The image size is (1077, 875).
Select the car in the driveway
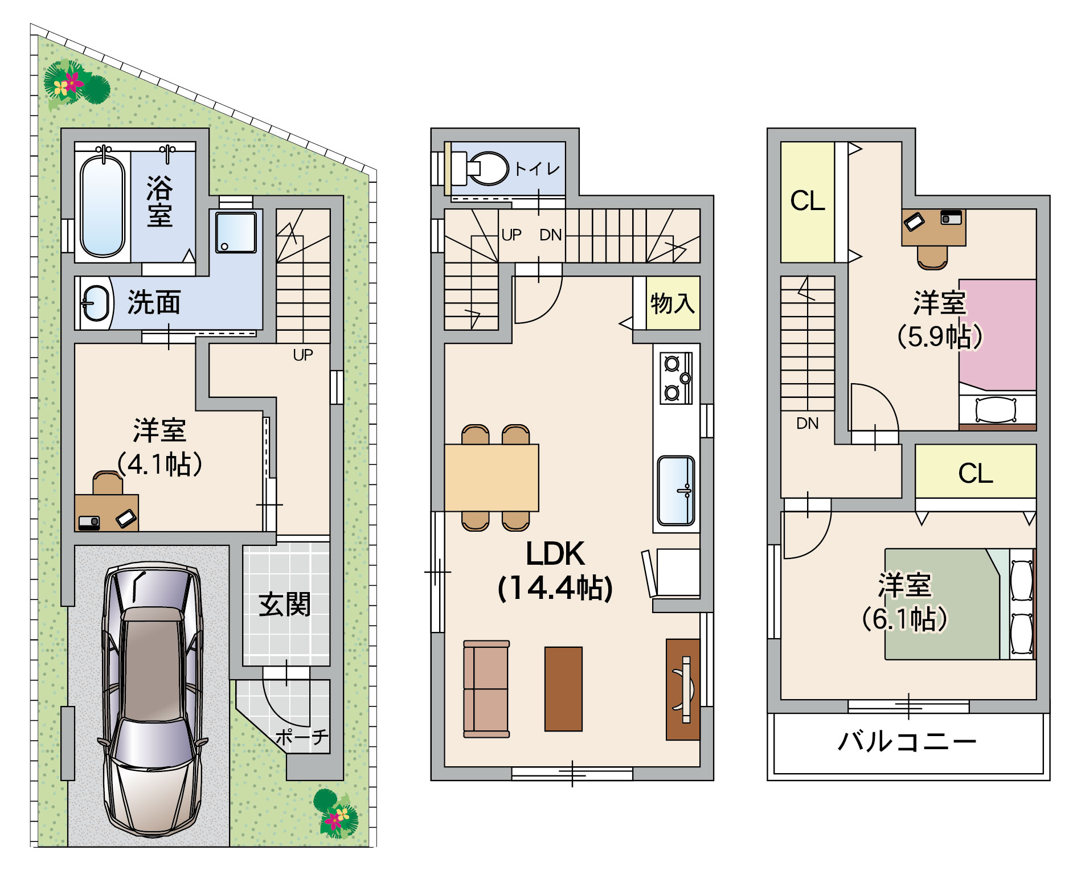tap(153, 699)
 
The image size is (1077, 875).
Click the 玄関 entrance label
tap(285, 604)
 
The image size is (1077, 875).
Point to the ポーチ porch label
tap(302, 737)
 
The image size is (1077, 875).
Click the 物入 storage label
tap(673, 303)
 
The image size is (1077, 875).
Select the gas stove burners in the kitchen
tap(677, 378)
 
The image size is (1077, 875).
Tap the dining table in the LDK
tap(492, 478)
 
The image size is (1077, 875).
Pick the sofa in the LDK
tap(486, 689)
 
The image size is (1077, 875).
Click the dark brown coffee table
tap(563, 689)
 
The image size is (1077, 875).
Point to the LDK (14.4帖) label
tap(555, 570)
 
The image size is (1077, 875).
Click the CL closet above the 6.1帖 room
tap(976, 473)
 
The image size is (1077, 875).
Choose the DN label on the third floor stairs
tap(808, 423)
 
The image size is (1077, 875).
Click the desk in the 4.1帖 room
tap(107, 513)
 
